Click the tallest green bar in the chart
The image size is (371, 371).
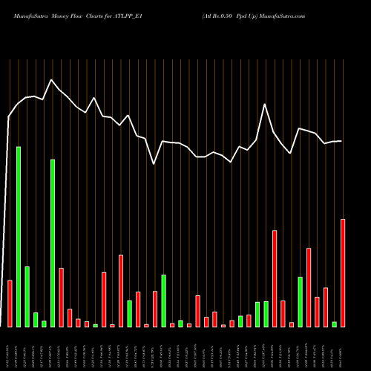pos(19,237)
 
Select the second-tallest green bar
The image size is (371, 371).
pos(53,243)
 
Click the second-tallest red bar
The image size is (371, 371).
pos(275,278)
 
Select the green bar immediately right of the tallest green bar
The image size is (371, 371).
pos(27,296)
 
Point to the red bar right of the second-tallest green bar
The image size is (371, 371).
pos(61,297)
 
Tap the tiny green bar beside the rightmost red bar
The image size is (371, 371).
pos(335,324)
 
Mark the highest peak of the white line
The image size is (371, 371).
pos(51,79)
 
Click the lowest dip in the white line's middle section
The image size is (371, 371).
pos(154,163)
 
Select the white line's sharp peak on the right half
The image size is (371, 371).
pos(265,105)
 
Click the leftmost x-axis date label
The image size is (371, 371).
pos(10,349)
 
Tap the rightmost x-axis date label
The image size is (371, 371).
pos(343,349)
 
